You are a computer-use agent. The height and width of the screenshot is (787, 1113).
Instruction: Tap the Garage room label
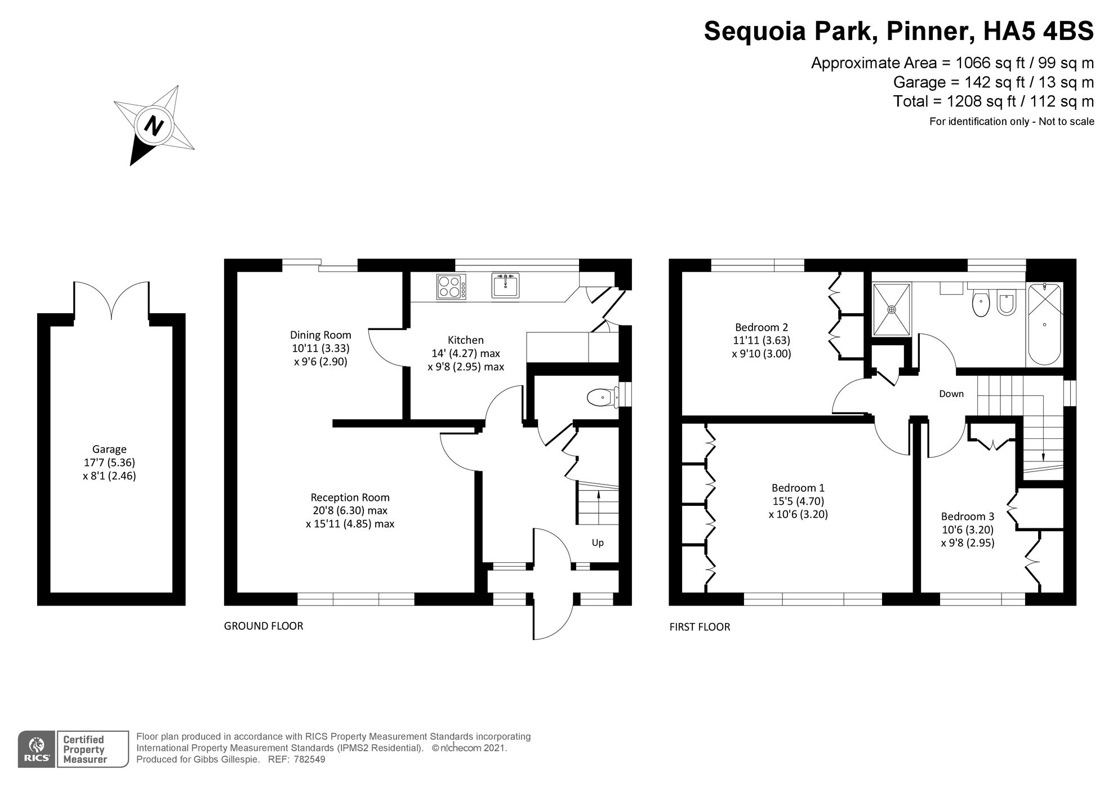(109, 450)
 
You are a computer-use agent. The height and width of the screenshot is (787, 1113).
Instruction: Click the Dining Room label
(320, 335)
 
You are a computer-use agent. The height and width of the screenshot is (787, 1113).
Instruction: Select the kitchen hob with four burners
(451, 286)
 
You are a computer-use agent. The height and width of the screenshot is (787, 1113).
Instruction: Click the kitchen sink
(505, 286)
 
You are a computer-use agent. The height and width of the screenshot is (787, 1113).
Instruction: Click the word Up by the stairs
(598, 543)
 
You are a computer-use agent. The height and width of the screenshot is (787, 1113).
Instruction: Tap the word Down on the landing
(951, 394)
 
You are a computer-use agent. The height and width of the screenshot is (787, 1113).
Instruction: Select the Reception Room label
(350, 497)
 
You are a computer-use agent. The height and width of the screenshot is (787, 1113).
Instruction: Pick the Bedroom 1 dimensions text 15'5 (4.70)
(798, 501)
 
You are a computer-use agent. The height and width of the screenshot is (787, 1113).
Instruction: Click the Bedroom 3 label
(967, 517)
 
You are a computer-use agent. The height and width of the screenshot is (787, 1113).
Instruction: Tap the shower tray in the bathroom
(891, 309)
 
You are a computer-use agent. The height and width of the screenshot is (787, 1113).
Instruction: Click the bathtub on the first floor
(1045, 325)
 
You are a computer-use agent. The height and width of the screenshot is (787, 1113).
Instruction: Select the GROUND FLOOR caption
(264, 626)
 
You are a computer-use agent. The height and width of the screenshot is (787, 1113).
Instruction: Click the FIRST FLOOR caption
(700, 627)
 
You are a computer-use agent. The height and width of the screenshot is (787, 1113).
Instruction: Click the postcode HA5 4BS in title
(1038, 31)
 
